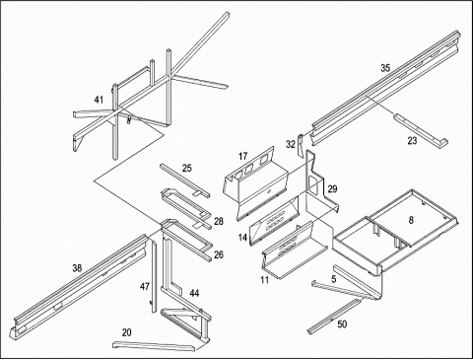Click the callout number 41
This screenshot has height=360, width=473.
[99, 100]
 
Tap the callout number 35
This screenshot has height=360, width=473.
[385, 68]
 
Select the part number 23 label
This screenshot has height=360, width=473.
[412, 141]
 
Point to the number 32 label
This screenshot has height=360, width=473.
[291, 144]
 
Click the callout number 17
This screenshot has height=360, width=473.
[242, 156]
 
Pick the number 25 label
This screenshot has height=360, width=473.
[186, 169]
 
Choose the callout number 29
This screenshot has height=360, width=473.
[332, 189]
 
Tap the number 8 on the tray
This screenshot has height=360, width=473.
[411, 220]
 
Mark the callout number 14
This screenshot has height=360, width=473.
[242, 238]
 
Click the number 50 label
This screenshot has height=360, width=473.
[342, 324]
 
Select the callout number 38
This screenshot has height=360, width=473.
[77, 268]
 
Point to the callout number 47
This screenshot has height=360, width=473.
[145, 287]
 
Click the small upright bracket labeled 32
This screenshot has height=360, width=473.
[300, 145]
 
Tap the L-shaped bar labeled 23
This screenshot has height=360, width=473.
[422, 131]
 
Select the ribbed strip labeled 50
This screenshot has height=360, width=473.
[334, 316]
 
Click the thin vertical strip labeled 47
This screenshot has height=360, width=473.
[154, 276]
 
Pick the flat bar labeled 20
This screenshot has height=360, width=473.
[155, 346]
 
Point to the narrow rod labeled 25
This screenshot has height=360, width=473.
[185, 180]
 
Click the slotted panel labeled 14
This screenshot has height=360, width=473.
[275, 221]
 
